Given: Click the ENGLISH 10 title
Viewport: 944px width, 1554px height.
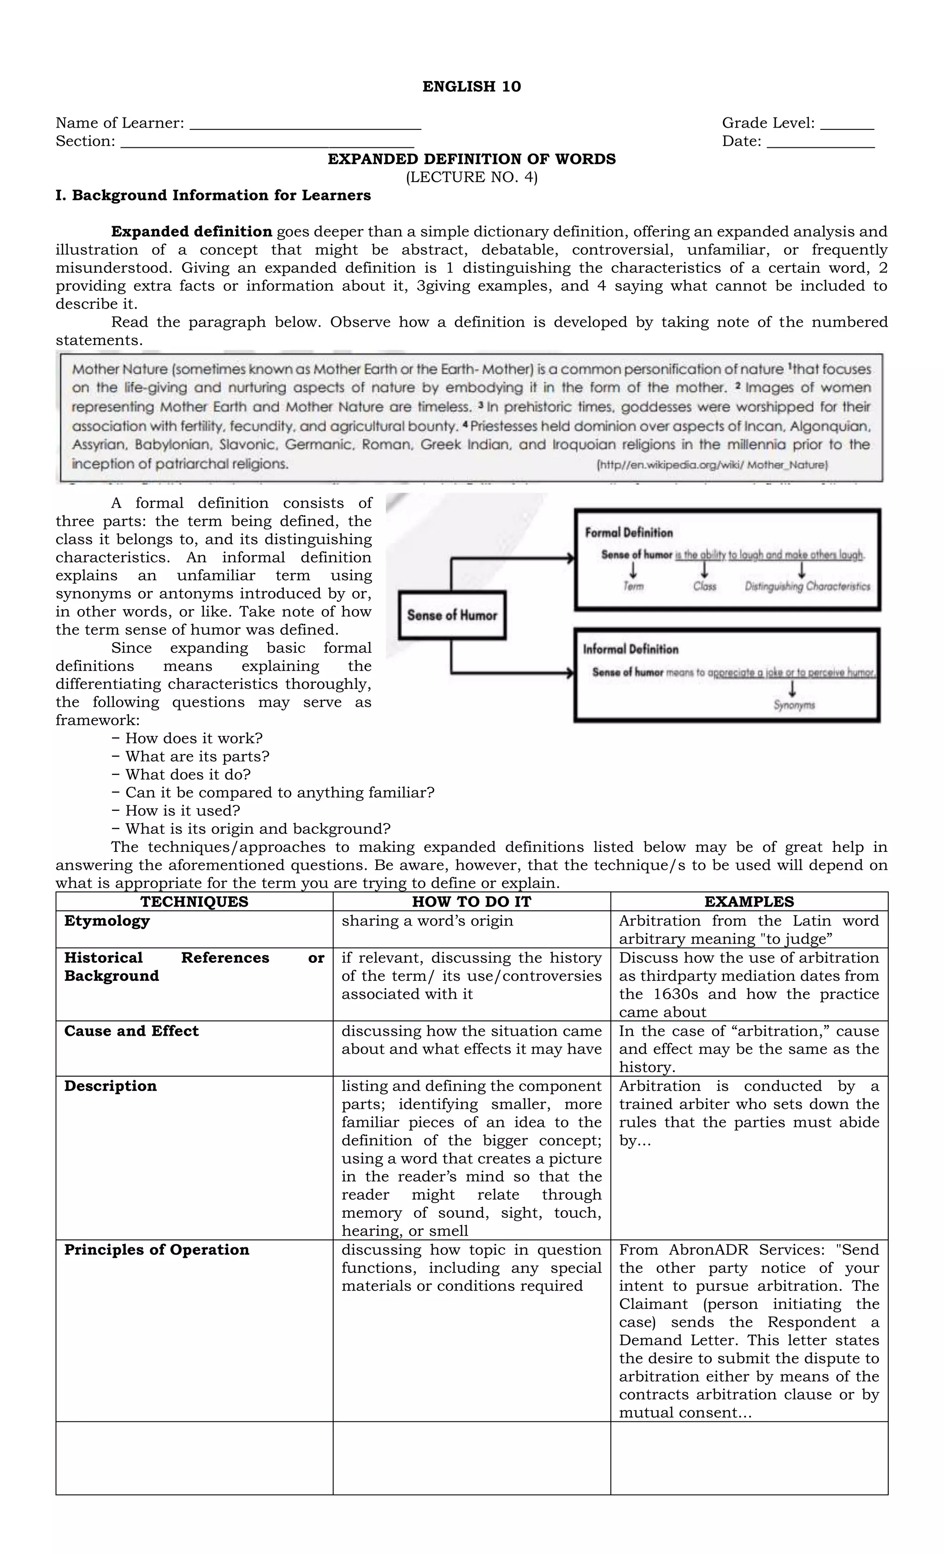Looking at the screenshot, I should click(472, 87).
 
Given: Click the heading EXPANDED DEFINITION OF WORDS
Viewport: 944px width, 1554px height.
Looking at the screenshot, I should click(472, 159).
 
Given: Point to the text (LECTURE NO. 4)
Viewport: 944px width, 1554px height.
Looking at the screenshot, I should click(472, 177).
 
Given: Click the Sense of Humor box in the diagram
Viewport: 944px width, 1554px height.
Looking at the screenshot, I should click(452, 615).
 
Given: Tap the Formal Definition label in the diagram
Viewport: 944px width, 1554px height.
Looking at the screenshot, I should click(629, 532).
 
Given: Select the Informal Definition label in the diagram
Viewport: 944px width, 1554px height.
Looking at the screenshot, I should click(631, 649).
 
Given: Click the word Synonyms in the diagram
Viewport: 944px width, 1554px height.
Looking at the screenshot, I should click(794, 705).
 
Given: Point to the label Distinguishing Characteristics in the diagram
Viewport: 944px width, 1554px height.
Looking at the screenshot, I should click(807, 586).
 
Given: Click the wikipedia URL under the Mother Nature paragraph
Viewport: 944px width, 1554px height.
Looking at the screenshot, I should click(712, 465).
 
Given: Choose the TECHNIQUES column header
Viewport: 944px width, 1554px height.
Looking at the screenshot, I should click(195, 901).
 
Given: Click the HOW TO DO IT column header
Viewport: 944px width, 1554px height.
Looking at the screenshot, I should click(472, 901).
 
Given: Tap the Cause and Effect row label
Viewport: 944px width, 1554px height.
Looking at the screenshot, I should click(131, 1031).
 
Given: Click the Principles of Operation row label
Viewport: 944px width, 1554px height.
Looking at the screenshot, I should click(157, 1250).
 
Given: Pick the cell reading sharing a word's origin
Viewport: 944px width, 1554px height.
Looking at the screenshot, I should click(427, 921).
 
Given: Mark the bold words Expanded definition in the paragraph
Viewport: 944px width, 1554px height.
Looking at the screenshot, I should click(192, 231).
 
